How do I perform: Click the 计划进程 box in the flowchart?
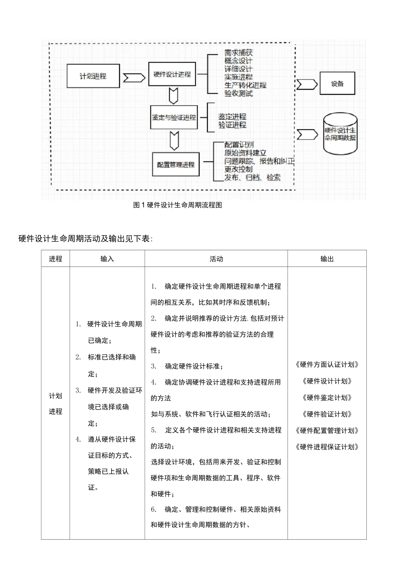[93, 76]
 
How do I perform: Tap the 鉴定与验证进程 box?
[174, 117]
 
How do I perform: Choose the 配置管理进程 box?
[176, 164]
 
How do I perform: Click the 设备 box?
[338, 84]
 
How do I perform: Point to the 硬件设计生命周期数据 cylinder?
[340, 134]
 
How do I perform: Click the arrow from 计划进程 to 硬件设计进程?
[134, 78]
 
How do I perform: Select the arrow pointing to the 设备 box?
[307, 85]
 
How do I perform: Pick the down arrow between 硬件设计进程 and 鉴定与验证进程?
[174, 96]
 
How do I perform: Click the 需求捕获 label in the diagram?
[238, 53]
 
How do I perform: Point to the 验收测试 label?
[238, 93]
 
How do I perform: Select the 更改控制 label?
[238, 169]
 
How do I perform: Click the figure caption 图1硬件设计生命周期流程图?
[178, 205]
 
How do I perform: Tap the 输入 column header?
[107, 259]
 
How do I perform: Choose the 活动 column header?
[216, 259]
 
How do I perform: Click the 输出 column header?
[327, 259]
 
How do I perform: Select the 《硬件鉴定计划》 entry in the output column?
[327, 398]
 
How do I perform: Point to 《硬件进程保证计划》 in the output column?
[327, 447]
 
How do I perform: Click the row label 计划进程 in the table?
[55, 404]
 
